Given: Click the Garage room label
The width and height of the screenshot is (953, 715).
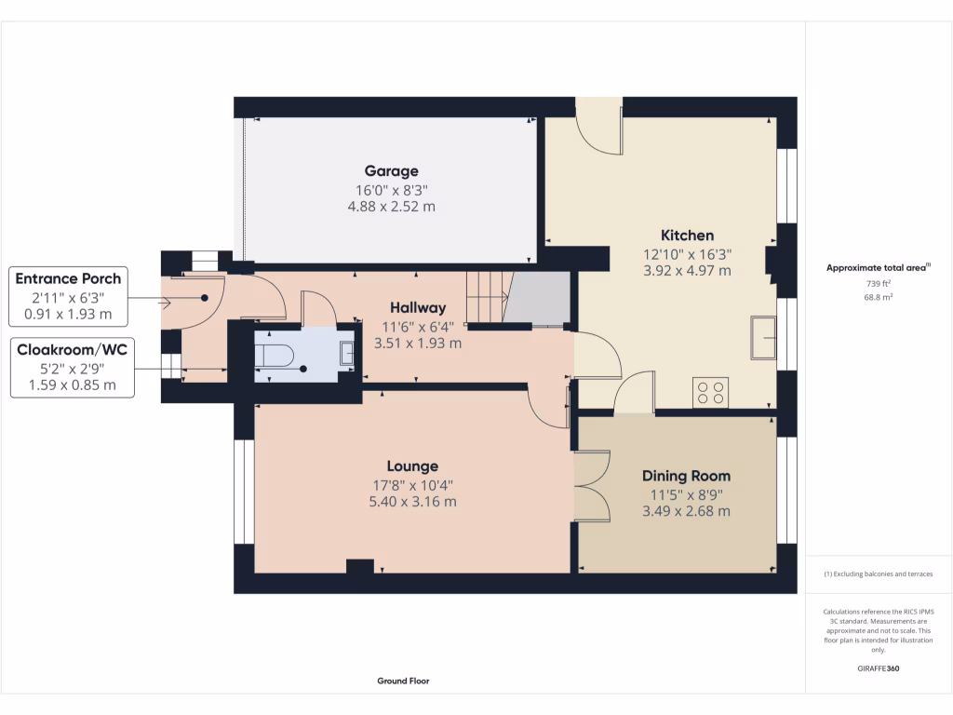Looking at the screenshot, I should click(x=391, y=171).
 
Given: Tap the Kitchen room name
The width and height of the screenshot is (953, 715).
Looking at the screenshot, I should click(x=687, y=236).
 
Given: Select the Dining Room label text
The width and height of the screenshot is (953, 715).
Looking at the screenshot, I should click(x=686, y=476).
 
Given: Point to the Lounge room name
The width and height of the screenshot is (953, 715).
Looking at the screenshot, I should click(x=412, y=466).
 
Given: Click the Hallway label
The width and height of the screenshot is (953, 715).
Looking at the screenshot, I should click(x=418, y=307).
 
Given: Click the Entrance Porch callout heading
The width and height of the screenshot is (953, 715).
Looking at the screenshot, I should click(x=69, y=278).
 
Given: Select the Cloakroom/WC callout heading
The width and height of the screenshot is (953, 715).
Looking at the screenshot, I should click(x=71, y=349).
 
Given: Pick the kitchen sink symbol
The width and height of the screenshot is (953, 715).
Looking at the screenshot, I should click(x=763, y=336).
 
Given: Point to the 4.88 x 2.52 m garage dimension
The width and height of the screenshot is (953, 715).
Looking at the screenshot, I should click(x=391, y=207).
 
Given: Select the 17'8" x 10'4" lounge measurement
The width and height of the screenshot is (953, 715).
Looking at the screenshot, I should click(x=412, y=484).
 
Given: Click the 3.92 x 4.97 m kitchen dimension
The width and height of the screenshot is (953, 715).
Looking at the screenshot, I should click(x=687, y=271).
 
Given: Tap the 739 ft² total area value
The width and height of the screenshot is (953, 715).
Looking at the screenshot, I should click(x=879, y=284).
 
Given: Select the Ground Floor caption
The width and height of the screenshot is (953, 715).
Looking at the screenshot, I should click(x=403, y=681).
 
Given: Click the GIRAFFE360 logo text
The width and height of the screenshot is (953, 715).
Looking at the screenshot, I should click(x=879, y=668).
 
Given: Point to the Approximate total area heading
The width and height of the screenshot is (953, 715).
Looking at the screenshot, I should click(x=877, y=268).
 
